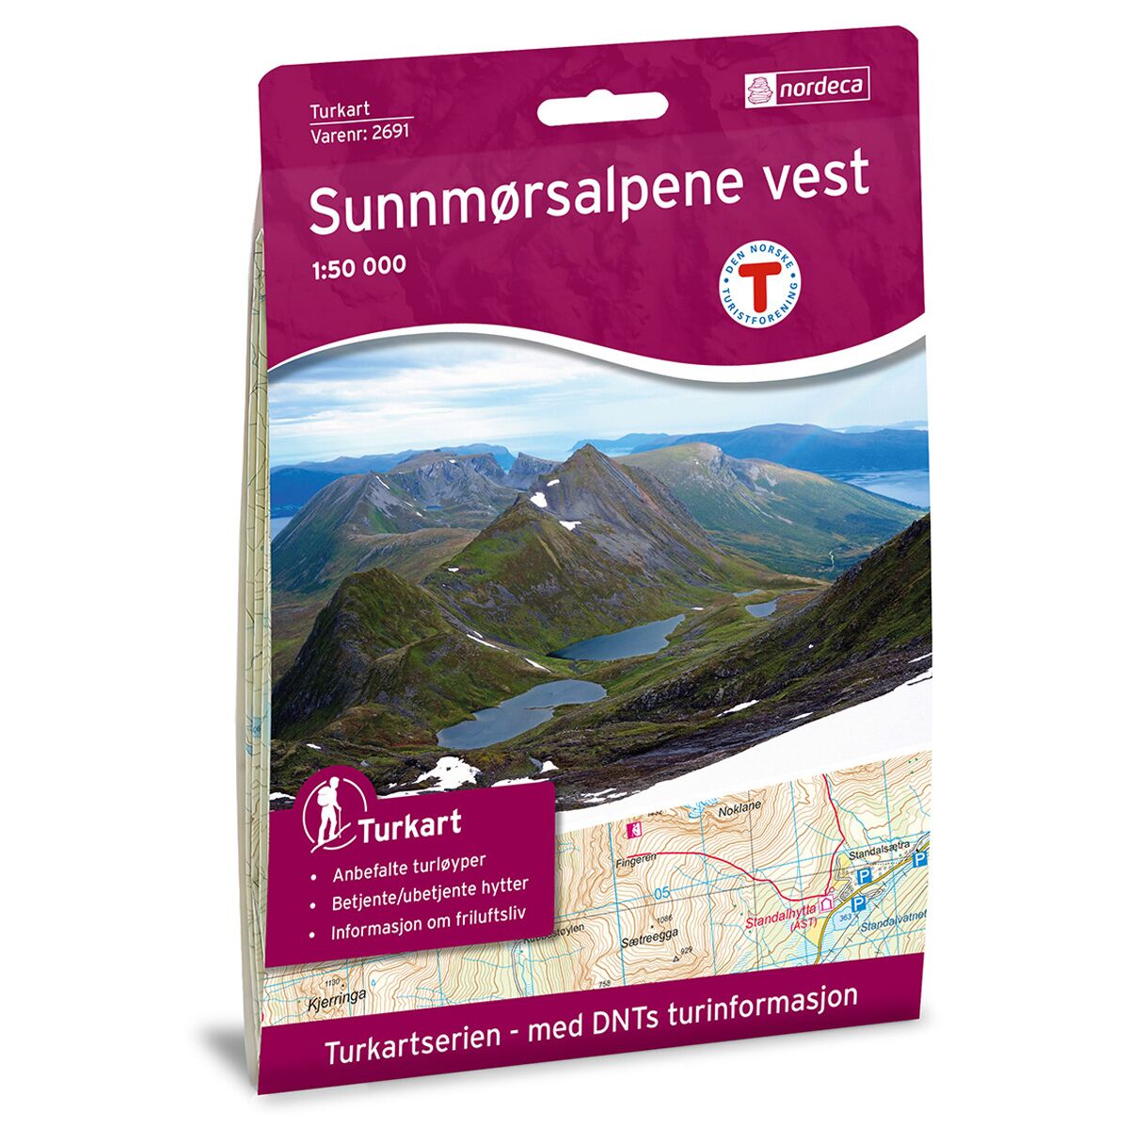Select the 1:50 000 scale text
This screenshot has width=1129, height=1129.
pos(358,265)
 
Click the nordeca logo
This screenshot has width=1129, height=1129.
pos(806,88)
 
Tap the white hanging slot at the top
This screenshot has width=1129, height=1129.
pos(602,109)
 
